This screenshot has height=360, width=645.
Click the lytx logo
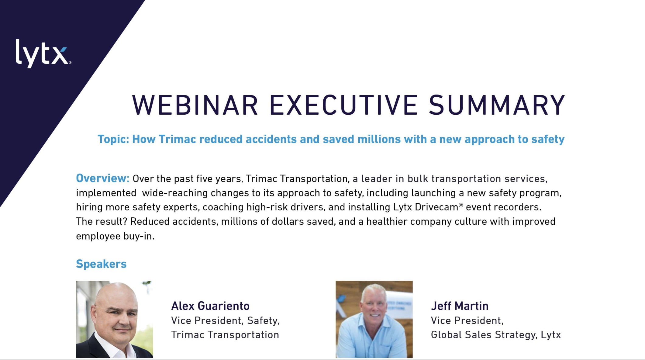(x=43, y=54)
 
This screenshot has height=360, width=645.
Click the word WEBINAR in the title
(x=195, y=105)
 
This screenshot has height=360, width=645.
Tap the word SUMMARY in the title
(x=497, y=105)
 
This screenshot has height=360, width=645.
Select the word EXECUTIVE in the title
(x=343, y=105)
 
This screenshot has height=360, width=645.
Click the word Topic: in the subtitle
(x=113, y=139)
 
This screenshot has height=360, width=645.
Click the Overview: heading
(x=103, y=178)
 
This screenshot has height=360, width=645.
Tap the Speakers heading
(x=101, y=264)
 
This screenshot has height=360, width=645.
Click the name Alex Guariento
(x=210, y=306)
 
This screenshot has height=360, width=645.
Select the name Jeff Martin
(x=460, y=306)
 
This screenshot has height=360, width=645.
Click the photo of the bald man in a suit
(x=115, y=319)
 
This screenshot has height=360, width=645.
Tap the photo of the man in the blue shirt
(x=374, y=319)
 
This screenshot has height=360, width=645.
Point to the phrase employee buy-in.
(x=115, y=236)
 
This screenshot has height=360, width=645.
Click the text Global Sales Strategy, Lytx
(x=496, y=335)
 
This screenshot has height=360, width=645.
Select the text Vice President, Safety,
(x=225, y=320)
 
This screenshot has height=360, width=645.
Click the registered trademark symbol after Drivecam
(x=461, y=205)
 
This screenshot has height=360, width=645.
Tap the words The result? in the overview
(x=102, y=222)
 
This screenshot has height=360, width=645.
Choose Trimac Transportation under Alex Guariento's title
(x=225, y=335)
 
